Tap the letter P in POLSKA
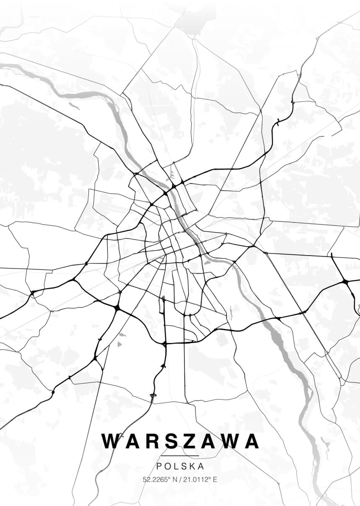tap(159, 466)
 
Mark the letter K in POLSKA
tap(192, 466)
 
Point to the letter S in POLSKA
tap(184, 466)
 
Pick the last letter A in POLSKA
tap(201, 466)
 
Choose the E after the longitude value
tap(215, 480)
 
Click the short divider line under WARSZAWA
tap(180, 456)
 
